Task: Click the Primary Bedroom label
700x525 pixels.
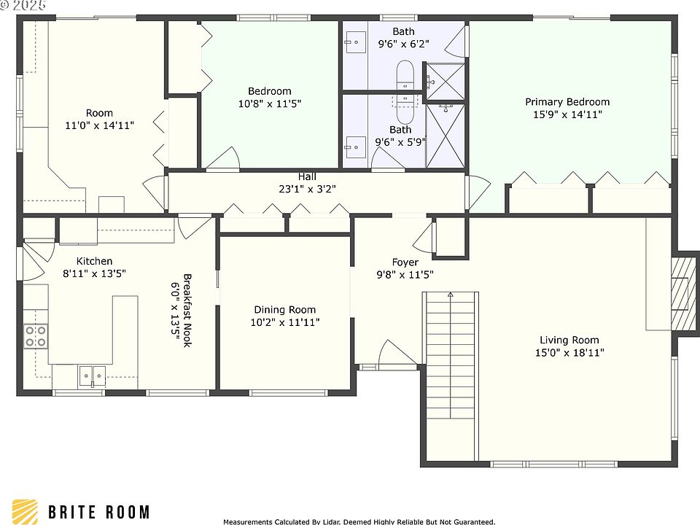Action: (x=567, y=102)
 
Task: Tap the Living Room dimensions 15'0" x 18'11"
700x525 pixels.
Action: (x=569, y=353)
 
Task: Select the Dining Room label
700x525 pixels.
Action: (x=285, y=310)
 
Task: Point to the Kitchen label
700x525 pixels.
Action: (x=94, y=261)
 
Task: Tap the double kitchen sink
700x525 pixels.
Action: (x=93, y=376)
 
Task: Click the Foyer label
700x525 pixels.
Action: (x=405, y=262)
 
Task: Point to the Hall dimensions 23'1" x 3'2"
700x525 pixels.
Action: (x=307, y=189)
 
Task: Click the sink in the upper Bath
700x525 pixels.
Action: (x=355, y=42)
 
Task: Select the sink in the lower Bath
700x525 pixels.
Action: (x=355, y=147)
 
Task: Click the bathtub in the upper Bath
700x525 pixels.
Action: (x=405, y=74)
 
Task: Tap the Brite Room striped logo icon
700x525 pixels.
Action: (x=25, y=512)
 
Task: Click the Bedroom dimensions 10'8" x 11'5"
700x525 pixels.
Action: (x=270, y=104)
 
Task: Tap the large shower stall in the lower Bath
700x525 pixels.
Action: (x=446, y=136)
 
